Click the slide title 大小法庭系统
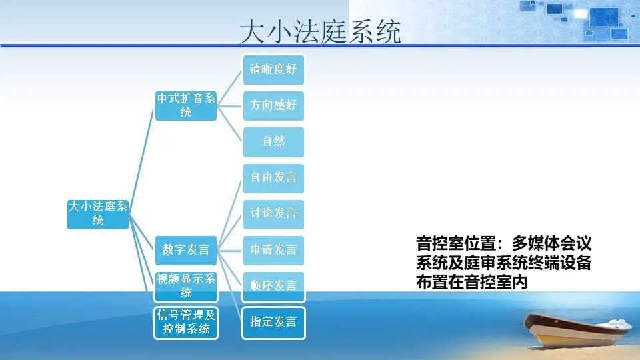(320, 31)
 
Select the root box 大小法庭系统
(98, 213)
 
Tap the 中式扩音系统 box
(186, 105)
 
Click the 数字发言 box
(186, 250)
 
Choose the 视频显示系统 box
(186, 286)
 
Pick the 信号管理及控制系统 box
(186, 322)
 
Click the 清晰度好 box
(273, 69)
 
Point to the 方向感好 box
(273, 105)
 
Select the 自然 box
(273, 141)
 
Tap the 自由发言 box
(273, 178)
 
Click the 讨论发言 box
(273, 214)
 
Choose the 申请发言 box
(273, 250)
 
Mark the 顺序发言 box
(273, 286)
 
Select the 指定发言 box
(273, 322)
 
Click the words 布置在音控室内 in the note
(471, 282)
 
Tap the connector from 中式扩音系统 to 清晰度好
(230, 87)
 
